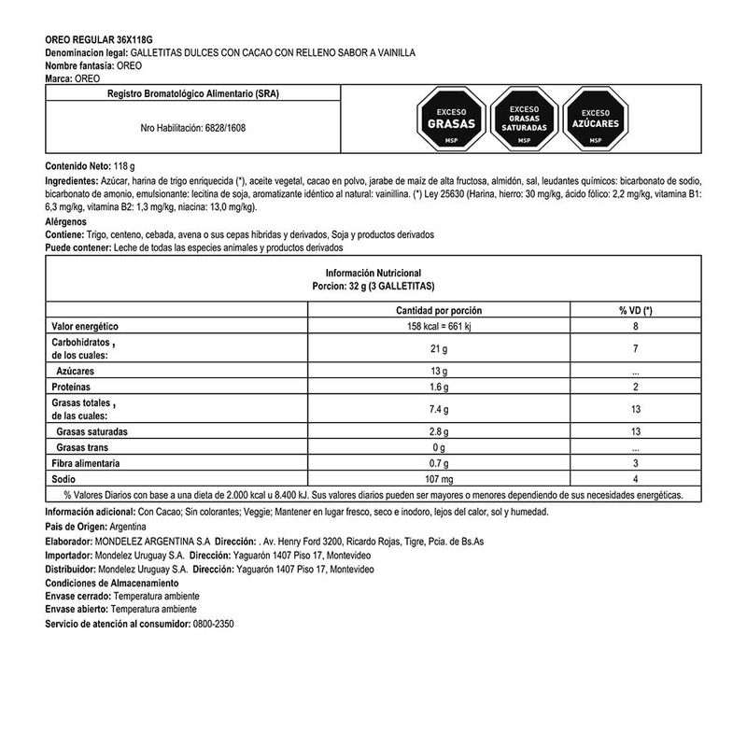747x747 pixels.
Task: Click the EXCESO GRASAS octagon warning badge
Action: [452, 119]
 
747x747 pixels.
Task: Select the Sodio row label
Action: [63, 478]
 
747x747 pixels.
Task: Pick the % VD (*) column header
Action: [634, 311]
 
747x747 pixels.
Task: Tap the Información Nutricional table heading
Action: [373, 272]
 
